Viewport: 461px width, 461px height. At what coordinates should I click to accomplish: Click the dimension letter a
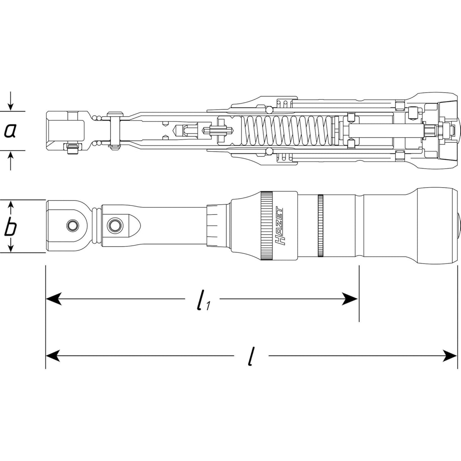tap(10, 131)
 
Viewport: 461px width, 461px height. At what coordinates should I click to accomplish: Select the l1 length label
tap(203, 300)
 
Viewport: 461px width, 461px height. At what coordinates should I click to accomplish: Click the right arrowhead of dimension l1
tap(349, 298)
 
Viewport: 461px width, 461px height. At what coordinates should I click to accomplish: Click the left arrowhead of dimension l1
tap(54, 298)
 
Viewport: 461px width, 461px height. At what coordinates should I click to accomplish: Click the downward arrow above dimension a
tap(11, 102)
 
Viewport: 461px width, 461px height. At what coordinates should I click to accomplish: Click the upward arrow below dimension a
tap(11, 161)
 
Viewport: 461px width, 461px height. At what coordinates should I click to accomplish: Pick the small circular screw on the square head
tap(72, 225)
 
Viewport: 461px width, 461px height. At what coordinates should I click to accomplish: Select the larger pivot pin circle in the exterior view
tap(114, 225)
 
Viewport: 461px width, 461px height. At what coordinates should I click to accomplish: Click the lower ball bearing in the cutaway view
tap(269, 151)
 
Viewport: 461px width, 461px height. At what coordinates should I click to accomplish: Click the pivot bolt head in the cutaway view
tap(115, 114)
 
